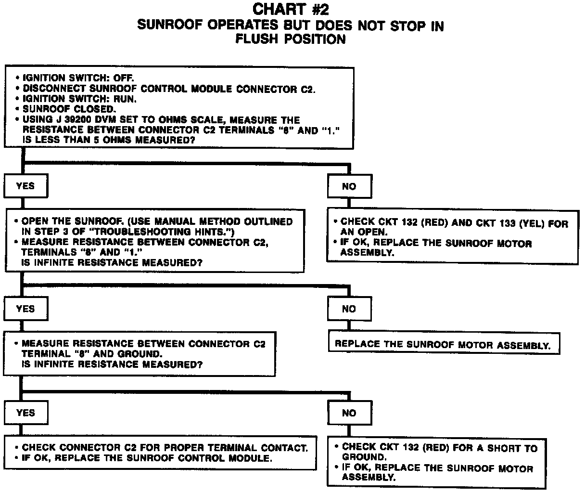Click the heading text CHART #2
291,9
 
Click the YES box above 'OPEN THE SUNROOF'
25,186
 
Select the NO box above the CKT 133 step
349,186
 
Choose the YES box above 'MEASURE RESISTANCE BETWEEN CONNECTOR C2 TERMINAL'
25,309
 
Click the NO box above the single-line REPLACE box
349,309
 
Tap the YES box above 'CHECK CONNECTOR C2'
25,413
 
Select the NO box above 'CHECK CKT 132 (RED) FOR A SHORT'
349,413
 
